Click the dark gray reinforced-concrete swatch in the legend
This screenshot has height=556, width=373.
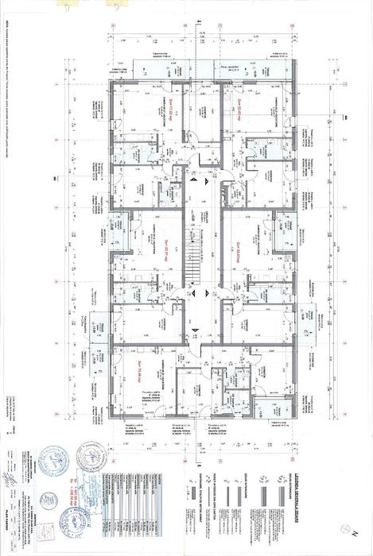(286, 508)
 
